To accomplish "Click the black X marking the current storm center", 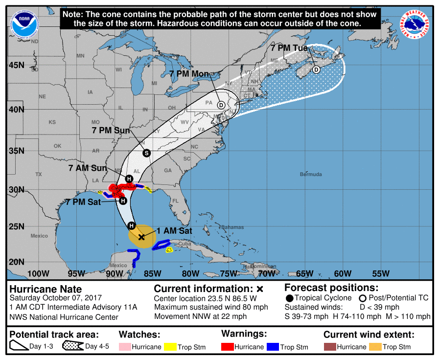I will pyautogui.click(x=141, y=237).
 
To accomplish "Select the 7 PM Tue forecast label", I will pyautogui.click(x=289, y=48).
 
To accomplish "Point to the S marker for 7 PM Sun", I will pyautogui.click(x=146, y=153).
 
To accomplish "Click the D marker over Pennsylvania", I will pyautogui.click(x=221, y=105).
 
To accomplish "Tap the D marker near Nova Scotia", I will pyautogui.click(x=316, y=69).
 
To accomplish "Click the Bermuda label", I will pyautogui.click(x=311, y=175).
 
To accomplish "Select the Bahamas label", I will pyautogui.click(x=232, y=227).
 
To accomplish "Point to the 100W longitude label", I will pyautogui.click(x=39, y=273).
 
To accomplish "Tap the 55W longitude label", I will pyautogui.click(x=381, y=273).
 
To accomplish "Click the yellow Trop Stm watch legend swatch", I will pyautogui.click(x=170, y=347).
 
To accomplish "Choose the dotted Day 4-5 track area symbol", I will pyautogui.click(x=72, y=346).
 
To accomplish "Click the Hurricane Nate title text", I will pyautogui.click(x=46, y=289).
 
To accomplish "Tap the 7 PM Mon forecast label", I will pyautogui.click(x=189, y=74).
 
